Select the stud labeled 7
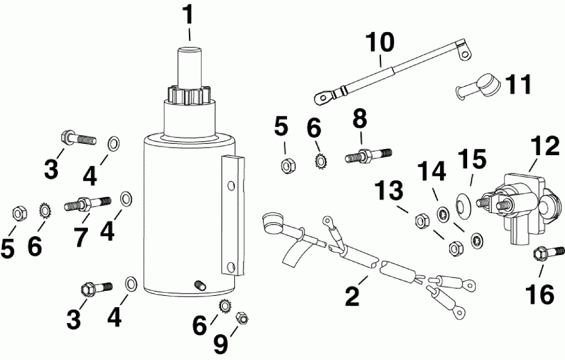coord(87,204)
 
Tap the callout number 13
coord(387,190)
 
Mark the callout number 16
coord(541,293)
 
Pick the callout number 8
coord(361,118)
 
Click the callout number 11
coord(519,85)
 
